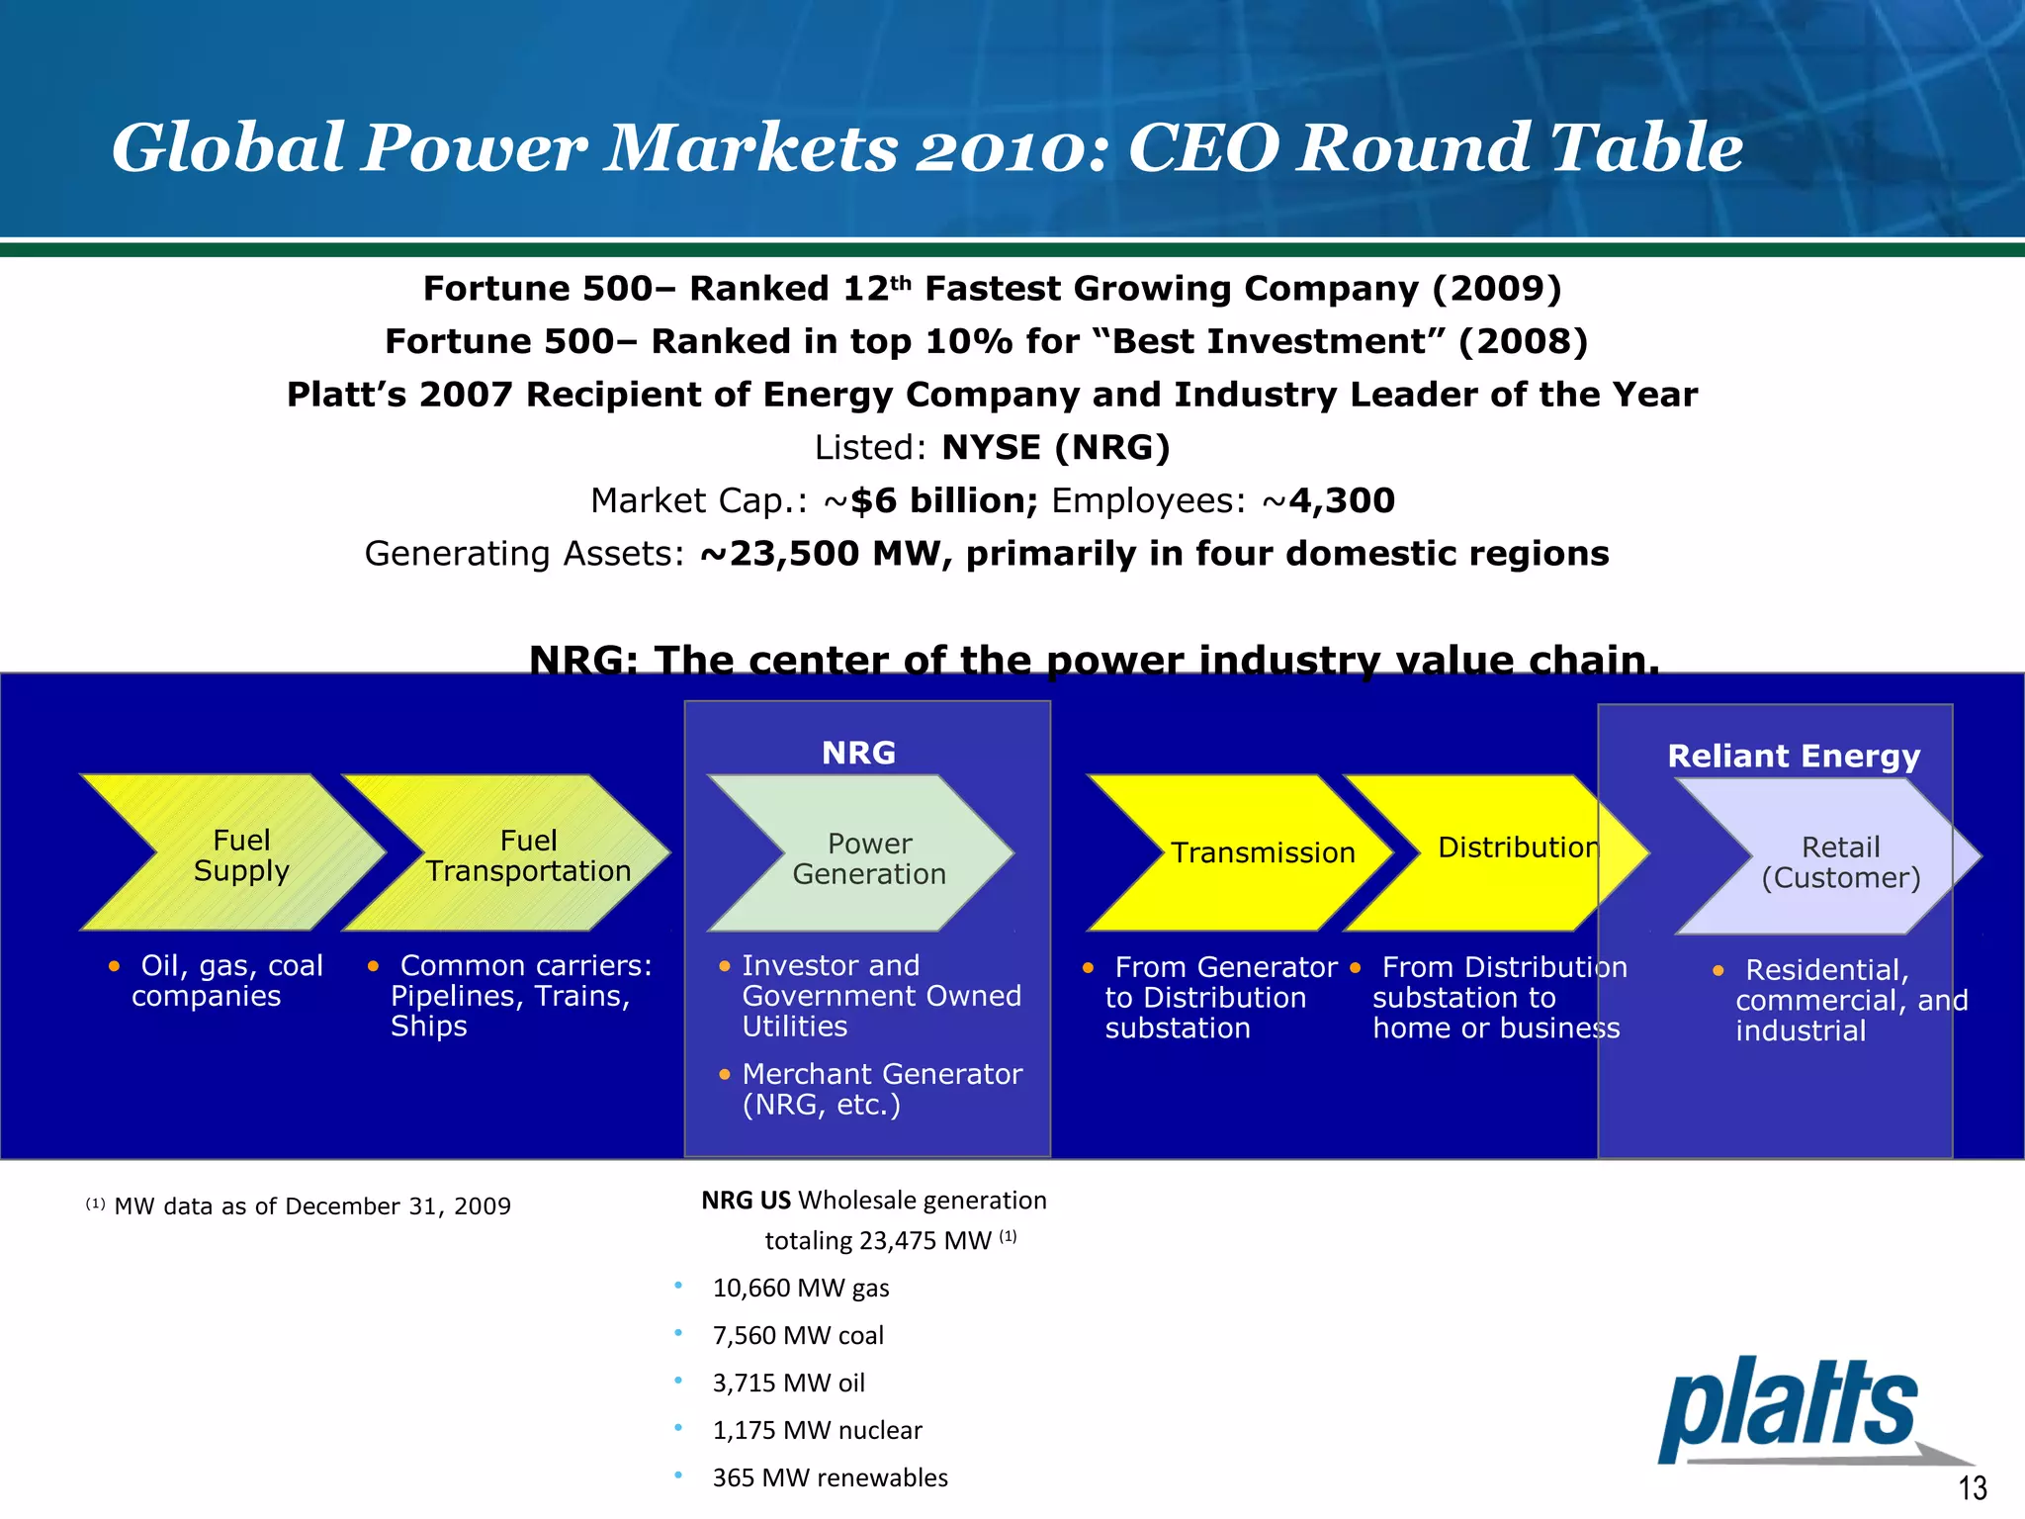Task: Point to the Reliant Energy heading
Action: pyautogui.click(x=1793, y=757)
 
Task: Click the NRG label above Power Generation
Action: pyautogui.click(x=858, y=754)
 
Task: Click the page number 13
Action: pyautogui.click(x=1972, y=1487)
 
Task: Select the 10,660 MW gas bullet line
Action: pyautogui.click(x=800, y=1288)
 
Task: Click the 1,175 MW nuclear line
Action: pyautogui.click(x=817, y=1430)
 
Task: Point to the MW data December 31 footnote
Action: pyautogui.click(x=310, y=1206)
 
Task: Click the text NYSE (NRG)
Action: pyautogui.click(x=1055, y=448)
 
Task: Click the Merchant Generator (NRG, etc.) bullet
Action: pyautogui.click(x=880, y=1089)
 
